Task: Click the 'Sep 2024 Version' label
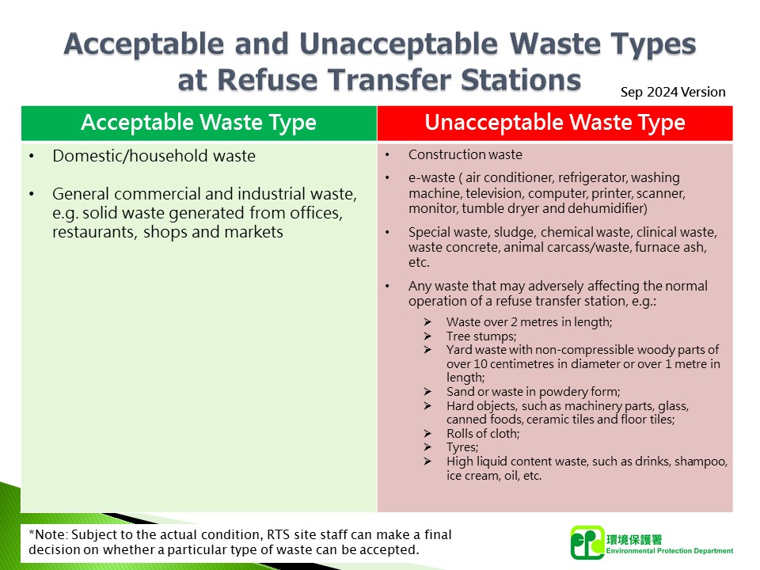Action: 673,92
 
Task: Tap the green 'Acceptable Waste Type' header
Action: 199,123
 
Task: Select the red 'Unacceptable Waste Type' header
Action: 555,123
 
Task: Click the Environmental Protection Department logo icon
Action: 587,543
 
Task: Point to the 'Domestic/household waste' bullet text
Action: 154,156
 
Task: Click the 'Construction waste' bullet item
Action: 465,154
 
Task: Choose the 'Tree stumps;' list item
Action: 481,336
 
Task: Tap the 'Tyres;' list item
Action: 462,447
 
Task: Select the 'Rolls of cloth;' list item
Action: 483,433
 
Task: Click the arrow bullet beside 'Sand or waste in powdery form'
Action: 427,391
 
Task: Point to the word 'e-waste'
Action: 431,178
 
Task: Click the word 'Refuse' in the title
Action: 267,80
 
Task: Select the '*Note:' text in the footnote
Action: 48,534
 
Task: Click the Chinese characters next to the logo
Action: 634,539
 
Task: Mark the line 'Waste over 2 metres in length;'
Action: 530,322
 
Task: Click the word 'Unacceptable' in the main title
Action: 398,44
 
